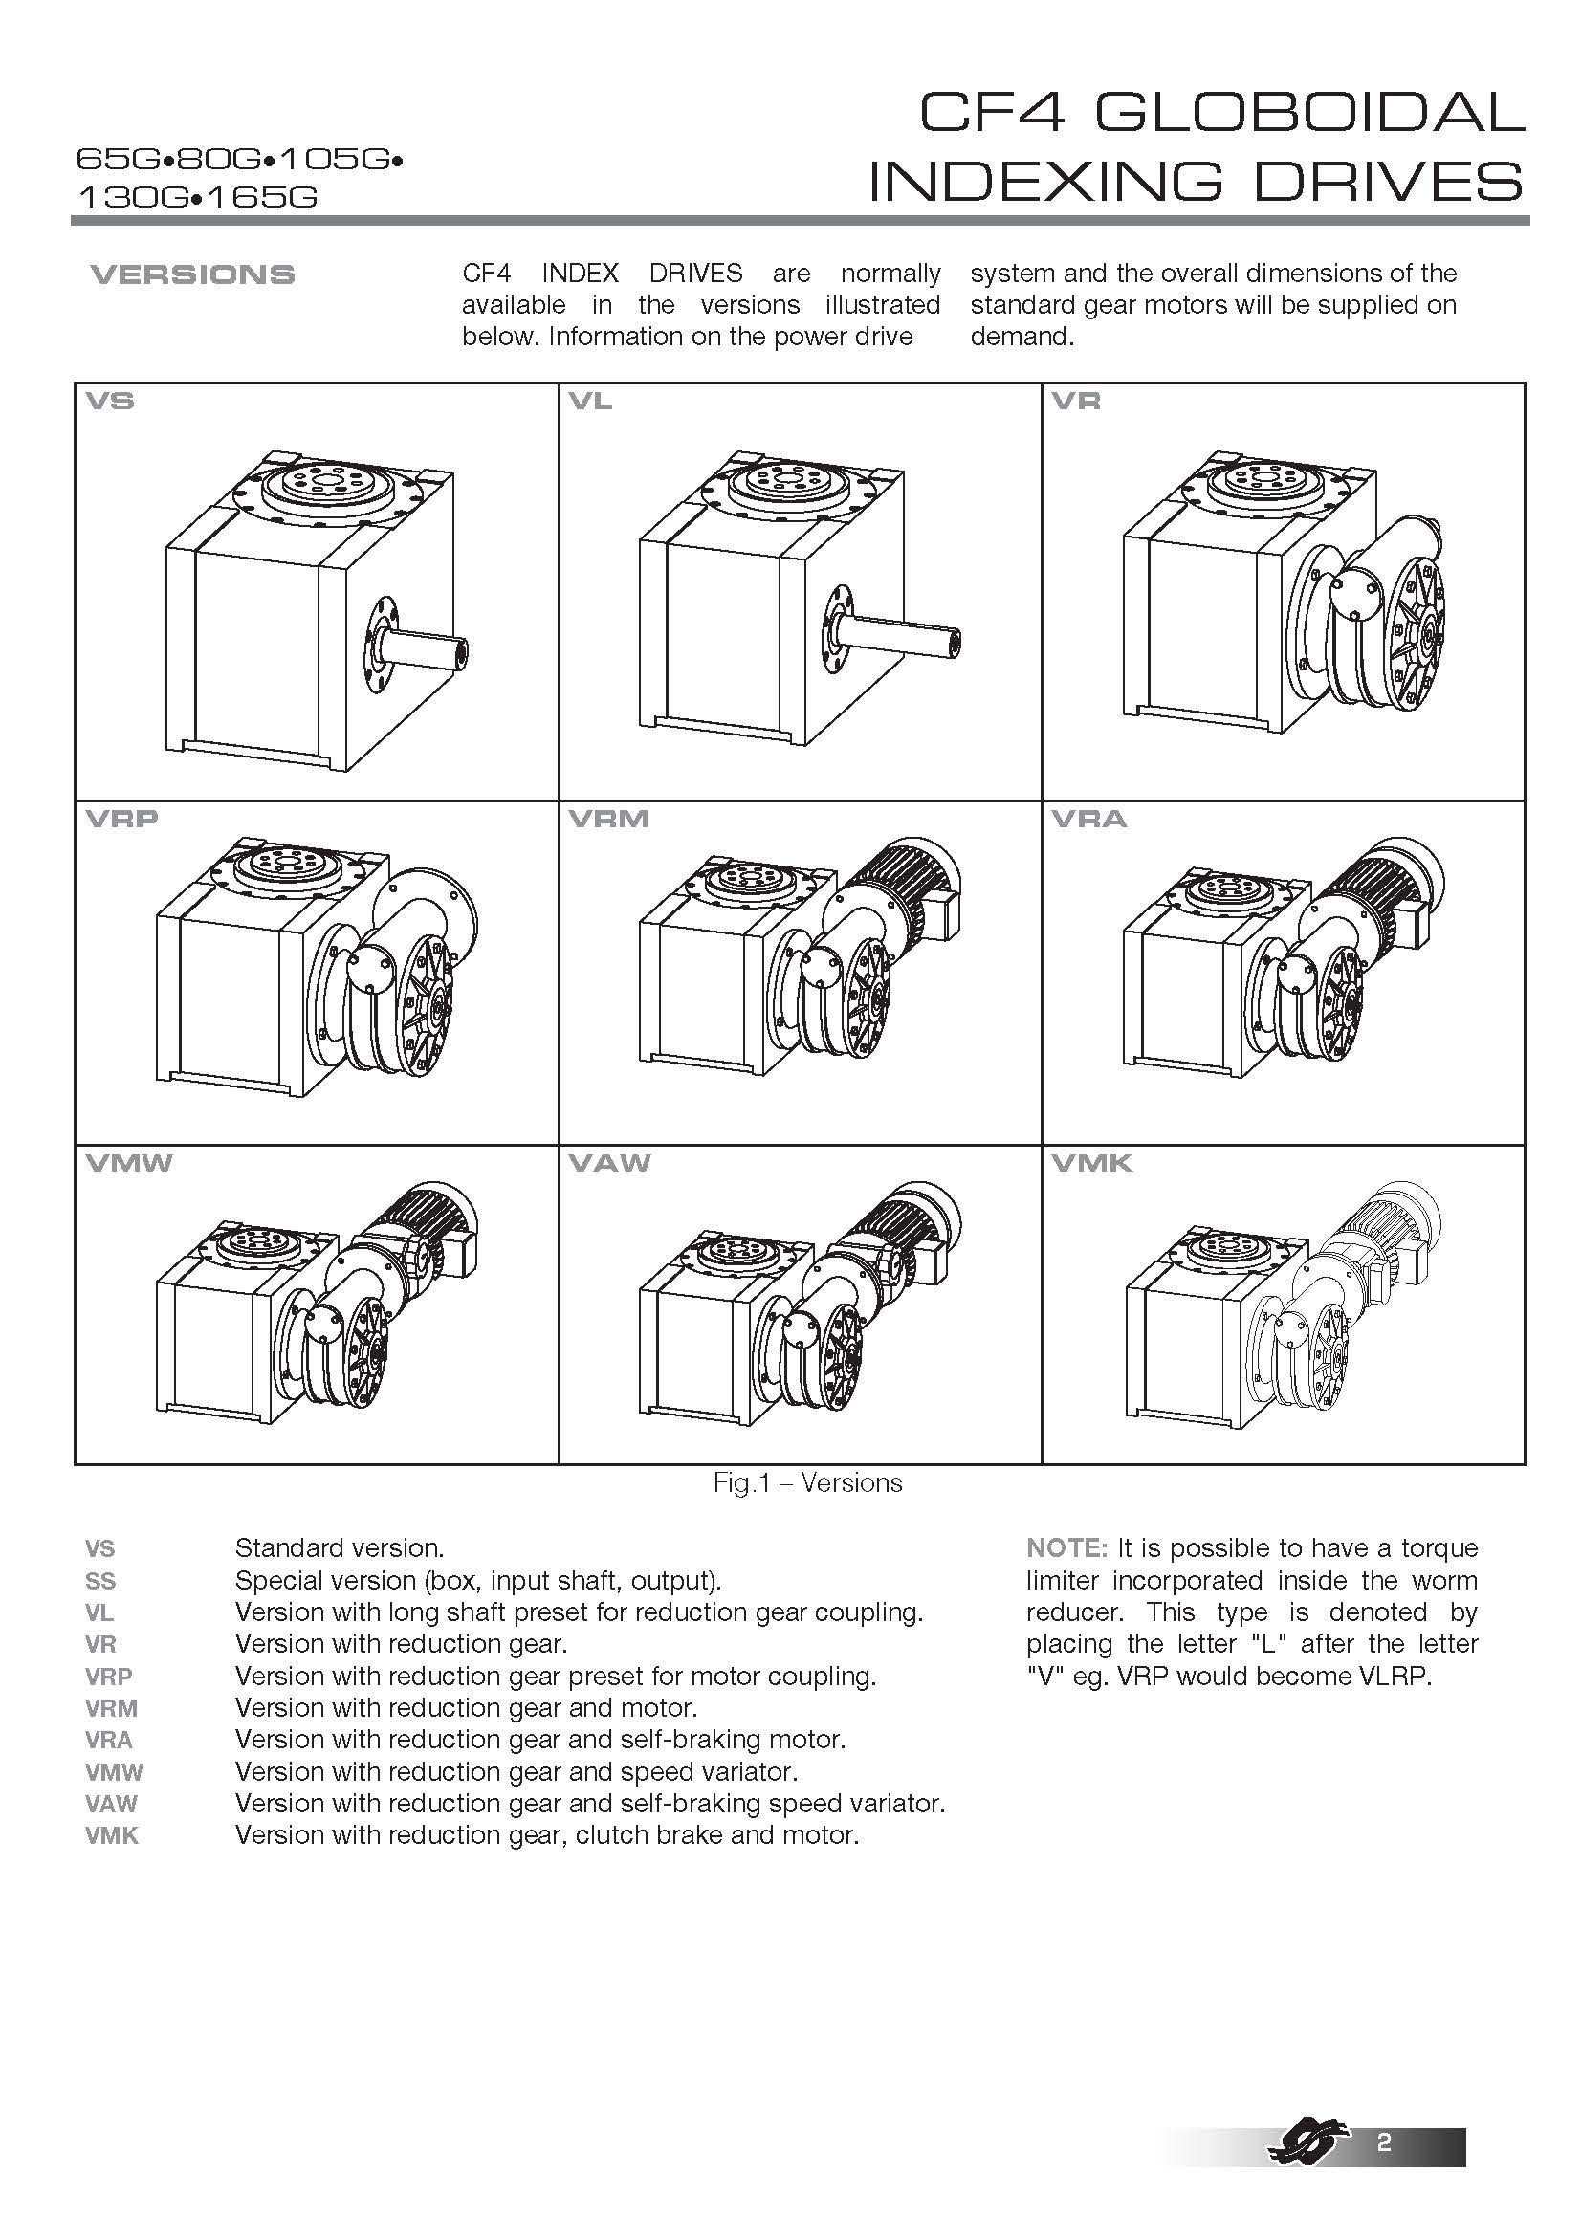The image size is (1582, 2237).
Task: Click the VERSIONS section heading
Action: pyautogui.click(x=192, y=274)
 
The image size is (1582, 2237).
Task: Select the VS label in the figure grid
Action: pyautogui.click(x=110, y=402)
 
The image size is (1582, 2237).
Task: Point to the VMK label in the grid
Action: pyautogui.click(x=1092, y=1163)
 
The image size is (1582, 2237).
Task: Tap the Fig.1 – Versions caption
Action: pyautogui.click(x=807, y=1483)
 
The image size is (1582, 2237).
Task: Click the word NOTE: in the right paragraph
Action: pyautogui.click(x=1066, y=1548)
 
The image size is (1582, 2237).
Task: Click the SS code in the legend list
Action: pyautogui.click(x=100, y=1580)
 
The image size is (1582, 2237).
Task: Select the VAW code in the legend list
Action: pyautogui.click(x=111, y=1804)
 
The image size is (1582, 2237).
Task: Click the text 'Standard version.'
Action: pyautogui.click(x=339, y=1548)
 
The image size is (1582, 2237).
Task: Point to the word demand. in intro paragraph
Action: pyautogui.click(x=1022, y=337)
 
